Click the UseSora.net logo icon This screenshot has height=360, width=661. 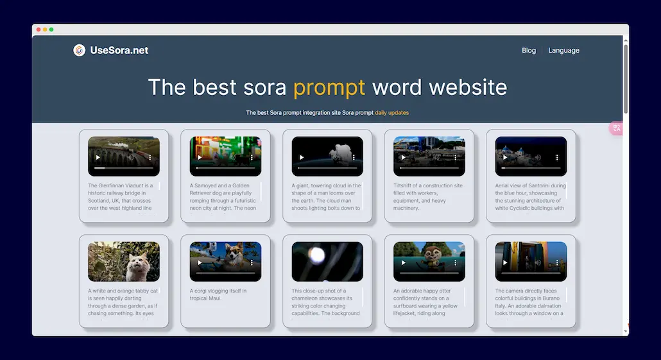tap(79, 50)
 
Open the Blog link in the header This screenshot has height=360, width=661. tap(529, 50)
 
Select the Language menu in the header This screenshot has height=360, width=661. tap(563, 50)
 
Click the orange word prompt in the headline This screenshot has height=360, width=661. tap(329, 87)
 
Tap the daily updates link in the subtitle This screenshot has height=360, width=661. tap(391, 113)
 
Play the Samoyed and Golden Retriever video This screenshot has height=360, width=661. tap(200, 157)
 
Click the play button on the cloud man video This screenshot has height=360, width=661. tap(302, 157)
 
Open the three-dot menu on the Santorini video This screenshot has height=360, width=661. tap(557, 157)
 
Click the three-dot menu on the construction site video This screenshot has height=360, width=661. tap(455, 157)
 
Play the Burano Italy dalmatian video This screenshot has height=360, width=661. tap(505, 262)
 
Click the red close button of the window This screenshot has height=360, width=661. tap(39, 30)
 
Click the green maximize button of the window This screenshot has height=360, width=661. tap(51, 30)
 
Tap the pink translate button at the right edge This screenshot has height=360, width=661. tap(616, 128)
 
